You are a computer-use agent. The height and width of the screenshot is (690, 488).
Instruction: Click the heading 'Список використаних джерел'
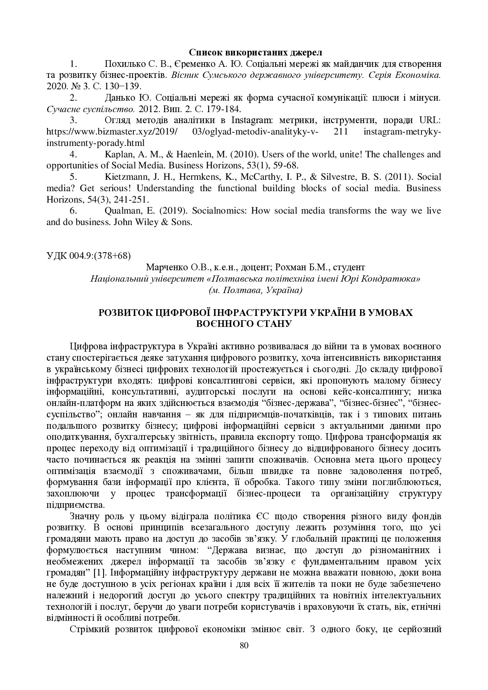(x=256, y=53)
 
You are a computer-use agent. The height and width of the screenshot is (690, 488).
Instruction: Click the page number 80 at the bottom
(x=244, y=645)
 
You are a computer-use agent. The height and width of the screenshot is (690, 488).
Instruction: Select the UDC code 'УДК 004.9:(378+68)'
(x=88, y=256)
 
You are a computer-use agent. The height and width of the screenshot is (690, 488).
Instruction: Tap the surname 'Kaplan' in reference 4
(x=117, y=154)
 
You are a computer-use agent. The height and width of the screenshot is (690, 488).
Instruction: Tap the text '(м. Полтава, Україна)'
(x=255, y=290)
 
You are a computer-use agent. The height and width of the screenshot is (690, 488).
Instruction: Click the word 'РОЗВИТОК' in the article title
(x=124, y=313)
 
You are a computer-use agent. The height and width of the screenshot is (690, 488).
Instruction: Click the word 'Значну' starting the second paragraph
(x=84, y=516)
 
